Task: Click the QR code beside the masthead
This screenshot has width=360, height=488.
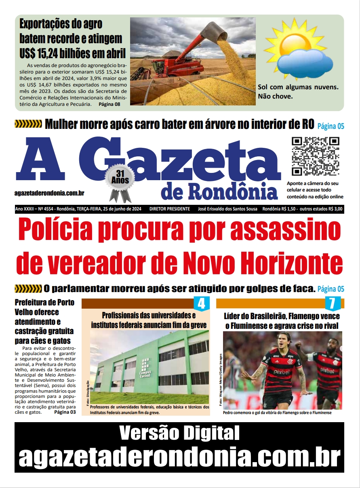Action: (x=316, y=156)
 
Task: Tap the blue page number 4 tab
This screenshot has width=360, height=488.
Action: (x=201, y=303)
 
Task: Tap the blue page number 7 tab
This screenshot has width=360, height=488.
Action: (x=332, y=303)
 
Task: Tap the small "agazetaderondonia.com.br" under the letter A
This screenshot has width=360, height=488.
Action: (x=49, y=194)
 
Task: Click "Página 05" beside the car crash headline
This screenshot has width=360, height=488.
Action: (x=331, y=126)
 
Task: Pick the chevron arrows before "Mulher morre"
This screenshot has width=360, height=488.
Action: (x=28, y=124)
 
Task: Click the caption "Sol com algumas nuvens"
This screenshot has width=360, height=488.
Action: (x=298, y=87)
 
